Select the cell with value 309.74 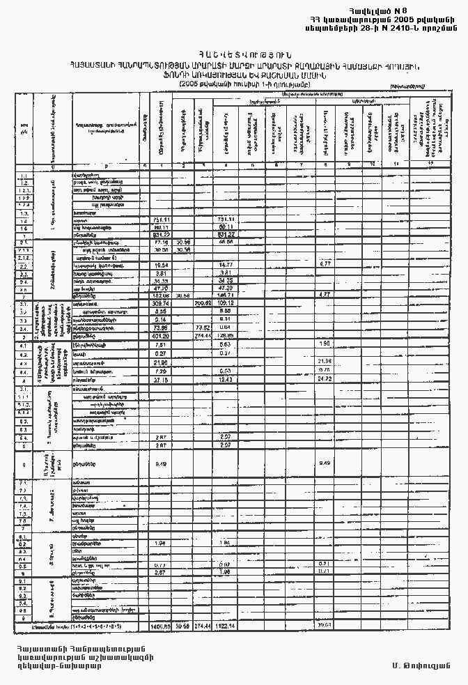pyautogui.click(x=162, y=304)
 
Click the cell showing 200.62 pyautogui.click(x=203, y=304)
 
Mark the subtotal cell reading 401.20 pyautogui.click(x=162, y=335)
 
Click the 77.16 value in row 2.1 pyautogui.click(x=162, y=243)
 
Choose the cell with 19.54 pyautogui.click(x=162, y=265)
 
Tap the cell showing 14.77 pyautogui.click(x=225, y=265)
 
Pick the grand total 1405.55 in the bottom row pyautogui.click(x=161, y=626)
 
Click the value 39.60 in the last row pyautogui.click(x=325, y=626)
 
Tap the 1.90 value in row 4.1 pyautogui.click(x=325, y=344)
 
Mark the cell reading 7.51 pyautogui.click(x=162, y=344)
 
